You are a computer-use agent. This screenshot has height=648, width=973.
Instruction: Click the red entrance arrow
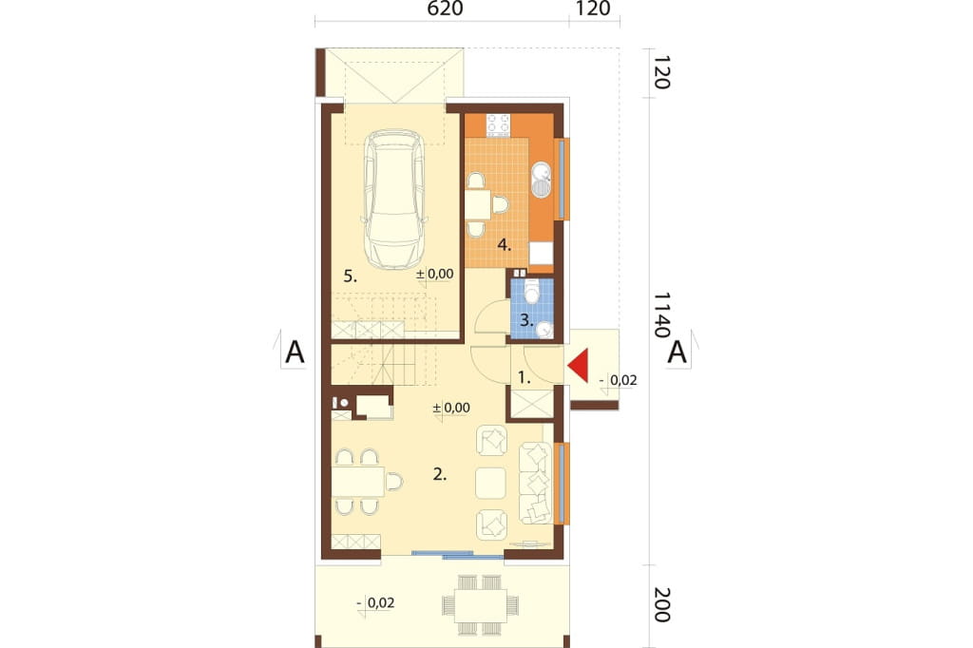(x=579, y=366)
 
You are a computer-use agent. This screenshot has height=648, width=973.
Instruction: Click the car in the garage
(x=394, y=200)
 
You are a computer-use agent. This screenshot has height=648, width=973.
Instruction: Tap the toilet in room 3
(x=532, y=291)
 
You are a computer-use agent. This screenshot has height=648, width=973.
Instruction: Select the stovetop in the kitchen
(x=498, y=124)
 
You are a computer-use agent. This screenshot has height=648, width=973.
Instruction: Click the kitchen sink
(x=542, y=180)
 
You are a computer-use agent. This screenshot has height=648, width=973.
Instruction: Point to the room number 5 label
(x=351, y=276)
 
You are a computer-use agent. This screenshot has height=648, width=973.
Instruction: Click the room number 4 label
(x=504, y=245)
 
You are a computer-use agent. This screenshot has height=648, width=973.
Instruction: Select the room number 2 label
(x=440, y=475)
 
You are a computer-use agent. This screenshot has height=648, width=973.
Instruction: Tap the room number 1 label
(x=525, y=377)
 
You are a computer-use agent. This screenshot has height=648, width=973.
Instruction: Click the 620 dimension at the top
(x=446, y=9)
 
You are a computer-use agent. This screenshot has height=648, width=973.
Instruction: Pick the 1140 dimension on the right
(x=661, y=314)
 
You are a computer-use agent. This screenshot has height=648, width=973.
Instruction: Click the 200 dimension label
(x=661, y=604)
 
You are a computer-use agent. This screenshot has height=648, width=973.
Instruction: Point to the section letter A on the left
(x=295, y=353)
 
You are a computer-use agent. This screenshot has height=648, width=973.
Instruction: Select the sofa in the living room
(x=535, y=484)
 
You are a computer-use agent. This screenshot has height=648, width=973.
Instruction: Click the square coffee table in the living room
(x=491, y=484)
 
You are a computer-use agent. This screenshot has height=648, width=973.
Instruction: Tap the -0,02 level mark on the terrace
(x=376, y=602)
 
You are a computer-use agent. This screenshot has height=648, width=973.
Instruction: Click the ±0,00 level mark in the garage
(x=435, y=274)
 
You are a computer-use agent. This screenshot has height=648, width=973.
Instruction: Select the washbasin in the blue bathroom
(x=544, y=329)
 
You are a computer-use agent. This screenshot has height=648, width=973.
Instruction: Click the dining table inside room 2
(x=357, y=482)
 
